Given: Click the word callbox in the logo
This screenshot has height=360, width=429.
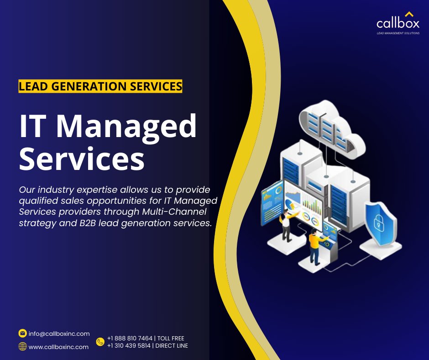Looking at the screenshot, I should point(398,23).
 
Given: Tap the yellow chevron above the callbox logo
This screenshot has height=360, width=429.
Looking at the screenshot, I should point(409,14).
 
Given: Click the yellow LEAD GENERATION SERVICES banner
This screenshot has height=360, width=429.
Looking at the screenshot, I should point(100,86).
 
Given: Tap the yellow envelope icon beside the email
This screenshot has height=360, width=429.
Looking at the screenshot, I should point(22,333).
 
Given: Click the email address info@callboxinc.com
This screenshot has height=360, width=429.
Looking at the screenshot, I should point(59,334).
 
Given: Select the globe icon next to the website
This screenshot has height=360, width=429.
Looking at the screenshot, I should point(22,346).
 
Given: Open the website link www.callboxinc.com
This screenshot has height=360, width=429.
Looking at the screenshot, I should point(58,347).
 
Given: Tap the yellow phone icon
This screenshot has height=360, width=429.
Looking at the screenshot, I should point(100,342).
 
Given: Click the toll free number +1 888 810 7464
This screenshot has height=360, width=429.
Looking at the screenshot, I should point(130,338).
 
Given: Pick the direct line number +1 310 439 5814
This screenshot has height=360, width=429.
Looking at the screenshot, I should point(130,345).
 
